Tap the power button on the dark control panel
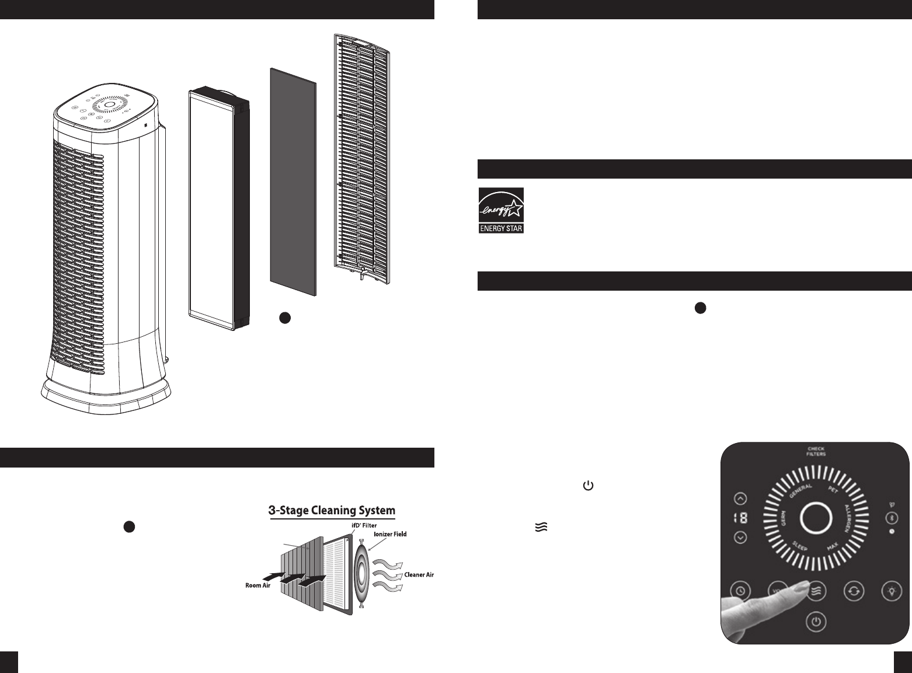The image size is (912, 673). [816, 622]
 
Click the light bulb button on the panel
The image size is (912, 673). [892, 591]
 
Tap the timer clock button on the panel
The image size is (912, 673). [740, 591]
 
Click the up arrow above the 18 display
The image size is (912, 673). [740, 498]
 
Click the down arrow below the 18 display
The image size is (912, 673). [740, 537]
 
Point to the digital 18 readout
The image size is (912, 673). [740, 518]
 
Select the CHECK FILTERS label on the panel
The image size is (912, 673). [816, 451]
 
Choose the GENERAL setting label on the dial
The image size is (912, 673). [800, 487]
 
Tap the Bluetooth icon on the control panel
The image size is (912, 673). [892, 517]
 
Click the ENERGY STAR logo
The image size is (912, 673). [501, 210]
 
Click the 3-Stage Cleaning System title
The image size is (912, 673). [331, 511]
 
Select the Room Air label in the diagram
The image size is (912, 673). [257, 585]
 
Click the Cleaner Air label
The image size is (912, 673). [419, 575]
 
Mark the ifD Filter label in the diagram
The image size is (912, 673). [361, 525]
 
